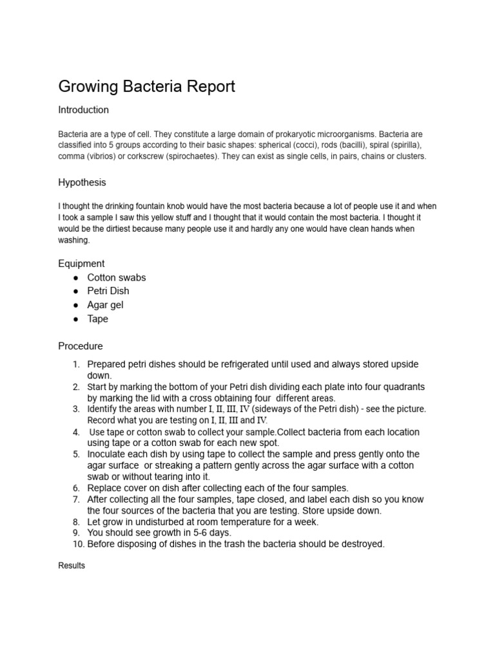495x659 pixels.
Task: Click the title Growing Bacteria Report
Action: (147, 86)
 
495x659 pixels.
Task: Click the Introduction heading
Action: (84, 110)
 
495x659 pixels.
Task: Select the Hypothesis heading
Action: (82, 183)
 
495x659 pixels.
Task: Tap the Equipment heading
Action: (81, 264)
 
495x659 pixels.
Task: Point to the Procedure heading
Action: (81, 346)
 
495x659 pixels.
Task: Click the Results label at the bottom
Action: (72, 566)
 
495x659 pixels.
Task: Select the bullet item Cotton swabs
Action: (117, 278)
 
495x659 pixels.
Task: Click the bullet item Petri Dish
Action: (108, 292)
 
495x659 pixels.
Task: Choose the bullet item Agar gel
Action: (105, 305)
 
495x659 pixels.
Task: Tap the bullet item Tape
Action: (98, 319)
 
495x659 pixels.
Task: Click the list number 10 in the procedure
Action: (78, 544)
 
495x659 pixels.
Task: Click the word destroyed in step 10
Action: (360, 544)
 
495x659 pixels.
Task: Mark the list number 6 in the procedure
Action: (76, 488)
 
